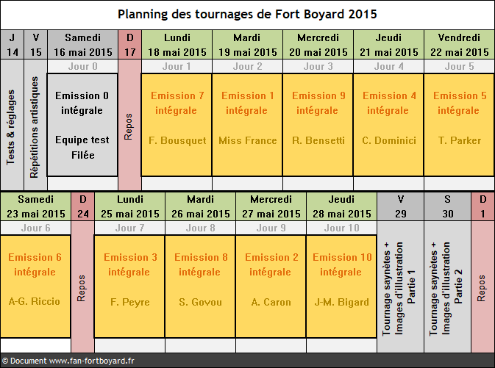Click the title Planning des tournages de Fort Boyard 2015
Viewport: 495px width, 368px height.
(247, 14)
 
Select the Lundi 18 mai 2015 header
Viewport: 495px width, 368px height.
(177, 45)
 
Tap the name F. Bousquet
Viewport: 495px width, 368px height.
(177, 140)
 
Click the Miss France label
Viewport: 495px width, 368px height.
(247, 140)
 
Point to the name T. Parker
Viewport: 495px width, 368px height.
(459, 140)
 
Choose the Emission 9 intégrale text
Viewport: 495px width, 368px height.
(318, 103)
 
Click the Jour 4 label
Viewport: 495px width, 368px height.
(388, 67)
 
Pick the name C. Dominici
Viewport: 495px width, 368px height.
(389, 140)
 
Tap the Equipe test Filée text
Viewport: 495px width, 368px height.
(82, 147)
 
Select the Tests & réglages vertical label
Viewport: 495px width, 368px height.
(10, 127)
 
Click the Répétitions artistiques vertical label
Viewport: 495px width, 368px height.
(34, 127)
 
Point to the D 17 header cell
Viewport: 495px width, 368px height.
(130, 45)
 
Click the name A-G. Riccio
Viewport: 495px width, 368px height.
(35, 301)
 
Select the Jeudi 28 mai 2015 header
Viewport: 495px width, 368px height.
(341, 206)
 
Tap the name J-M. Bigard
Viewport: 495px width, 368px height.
(341, 302)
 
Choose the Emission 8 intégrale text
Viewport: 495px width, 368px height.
(201, 264)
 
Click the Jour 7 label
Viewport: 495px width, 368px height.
(129, 228)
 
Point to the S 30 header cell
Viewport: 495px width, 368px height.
(448, 206)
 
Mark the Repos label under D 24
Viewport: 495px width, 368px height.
(82, 288)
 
